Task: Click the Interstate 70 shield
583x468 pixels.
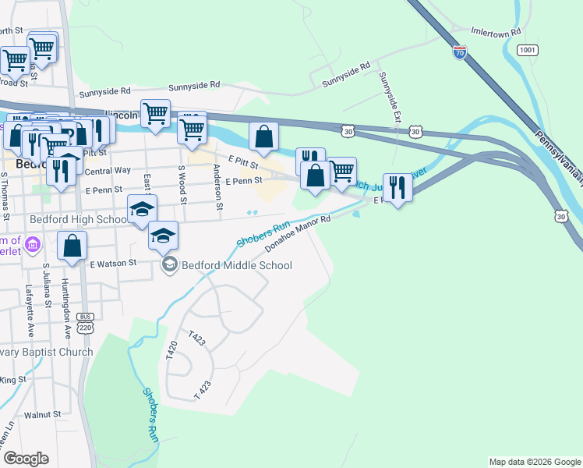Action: click(460, 52)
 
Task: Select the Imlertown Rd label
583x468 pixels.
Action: click(496, 34)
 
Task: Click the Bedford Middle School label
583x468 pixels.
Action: click(236, 265)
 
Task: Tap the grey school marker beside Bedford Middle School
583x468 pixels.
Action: click(169, 266)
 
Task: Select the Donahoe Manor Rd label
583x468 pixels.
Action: click(298, 233)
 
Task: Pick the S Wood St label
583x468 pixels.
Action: click(183, 185)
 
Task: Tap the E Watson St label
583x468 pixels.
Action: click(112, 264)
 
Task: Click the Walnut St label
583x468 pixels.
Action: click(42, 415)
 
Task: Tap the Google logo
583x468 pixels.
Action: click(26, 459)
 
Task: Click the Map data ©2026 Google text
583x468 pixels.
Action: click(534, 462)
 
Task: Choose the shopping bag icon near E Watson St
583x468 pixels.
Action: click(72, 246)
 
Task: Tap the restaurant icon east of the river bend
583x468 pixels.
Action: click(397, 186)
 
